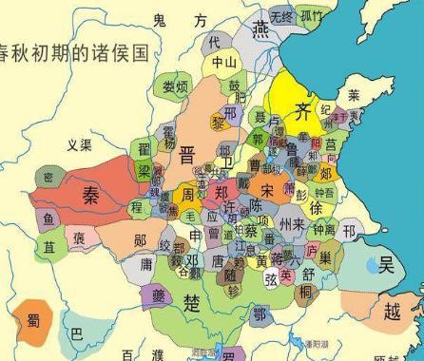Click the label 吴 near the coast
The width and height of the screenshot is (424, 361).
tap(385, 265)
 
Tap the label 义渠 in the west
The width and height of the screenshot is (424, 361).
tap(80, 145)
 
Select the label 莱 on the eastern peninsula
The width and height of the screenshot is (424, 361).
tap(354, 96)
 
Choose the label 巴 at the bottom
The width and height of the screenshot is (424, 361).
tap(78, 334)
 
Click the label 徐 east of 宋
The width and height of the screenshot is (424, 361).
tap(316, 208)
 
